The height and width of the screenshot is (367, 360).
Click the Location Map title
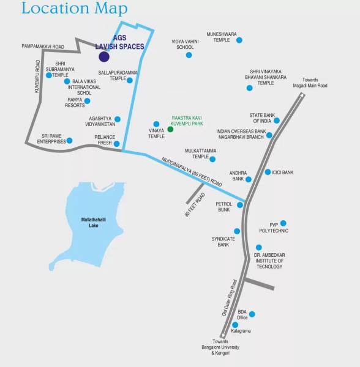tap(74, 9)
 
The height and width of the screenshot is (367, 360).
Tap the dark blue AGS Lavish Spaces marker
tap(104, 57)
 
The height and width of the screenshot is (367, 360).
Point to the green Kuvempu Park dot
tap(171, 129)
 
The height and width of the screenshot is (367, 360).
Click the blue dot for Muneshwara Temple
tap(239, 40)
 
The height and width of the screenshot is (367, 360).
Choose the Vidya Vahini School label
tap(185, 44)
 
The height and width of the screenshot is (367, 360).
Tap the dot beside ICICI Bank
tap(268, 172)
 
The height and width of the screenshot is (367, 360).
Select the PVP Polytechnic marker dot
tap(283, 223)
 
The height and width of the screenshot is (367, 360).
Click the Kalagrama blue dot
tap(234, 325)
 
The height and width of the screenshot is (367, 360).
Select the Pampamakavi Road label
tap(43, 46)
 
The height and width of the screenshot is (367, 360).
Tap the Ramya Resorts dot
tap(87, 101)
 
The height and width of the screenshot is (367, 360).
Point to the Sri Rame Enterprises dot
tap(69, 141)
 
